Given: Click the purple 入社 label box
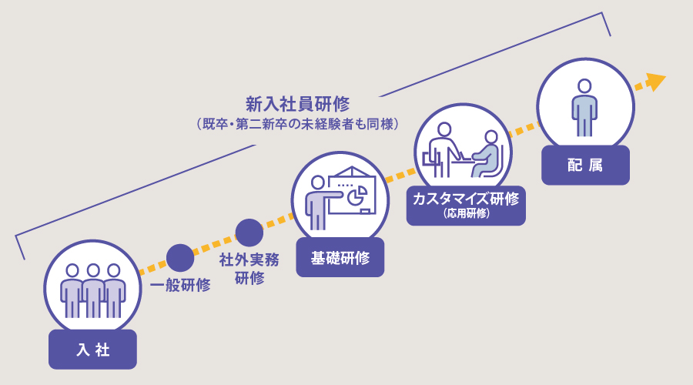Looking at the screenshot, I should click(92, 350).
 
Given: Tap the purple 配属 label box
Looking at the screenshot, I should click(585, 165).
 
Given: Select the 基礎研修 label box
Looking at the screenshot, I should click(340, 257).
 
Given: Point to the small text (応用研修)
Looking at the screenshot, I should click(466, 213).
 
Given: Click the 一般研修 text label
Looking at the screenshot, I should click(181, 285).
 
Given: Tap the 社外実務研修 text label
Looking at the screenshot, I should click(249, 268).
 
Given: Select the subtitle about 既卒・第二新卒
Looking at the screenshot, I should click(297, 123).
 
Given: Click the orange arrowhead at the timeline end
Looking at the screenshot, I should click(655, 81).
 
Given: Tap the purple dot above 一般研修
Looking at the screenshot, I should click(180, 257).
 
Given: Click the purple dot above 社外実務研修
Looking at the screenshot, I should click(249, 233).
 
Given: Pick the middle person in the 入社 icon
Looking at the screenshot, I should click(93, 290).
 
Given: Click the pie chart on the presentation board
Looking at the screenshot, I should click(355, 198).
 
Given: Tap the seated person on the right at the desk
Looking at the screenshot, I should click(487, 152).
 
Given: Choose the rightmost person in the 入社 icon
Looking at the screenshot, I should click(114, 290).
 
